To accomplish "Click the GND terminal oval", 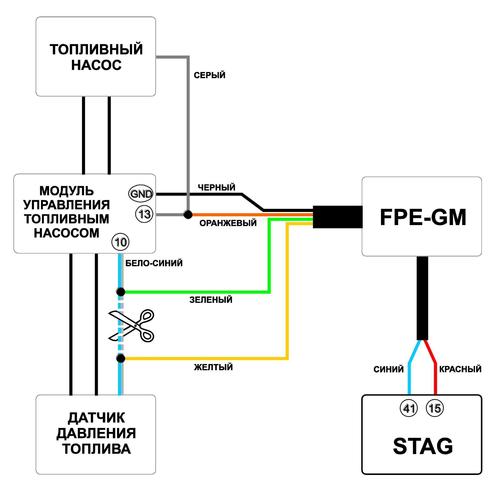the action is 141,193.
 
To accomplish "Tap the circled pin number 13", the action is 144,214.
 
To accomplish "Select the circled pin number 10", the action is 120,242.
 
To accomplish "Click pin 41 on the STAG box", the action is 409,408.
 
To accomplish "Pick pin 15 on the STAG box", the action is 435,408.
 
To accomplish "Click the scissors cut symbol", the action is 131,326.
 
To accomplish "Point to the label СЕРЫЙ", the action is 209,75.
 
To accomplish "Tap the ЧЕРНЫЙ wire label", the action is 216,187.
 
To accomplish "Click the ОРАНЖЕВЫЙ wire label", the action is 228,223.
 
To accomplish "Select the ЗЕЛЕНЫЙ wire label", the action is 211,300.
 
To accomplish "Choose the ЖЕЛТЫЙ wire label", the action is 213,367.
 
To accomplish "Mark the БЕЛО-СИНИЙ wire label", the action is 154,263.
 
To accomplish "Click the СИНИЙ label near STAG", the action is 388,369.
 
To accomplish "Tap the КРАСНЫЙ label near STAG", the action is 460,369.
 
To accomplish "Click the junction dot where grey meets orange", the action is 188,214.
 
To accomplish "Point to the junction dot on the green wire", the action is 120,292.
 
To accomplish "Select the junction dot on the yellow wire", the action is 120,358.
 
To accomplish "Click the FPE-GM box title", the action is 423,217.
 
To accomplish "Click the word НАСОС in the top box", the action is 96,65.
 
